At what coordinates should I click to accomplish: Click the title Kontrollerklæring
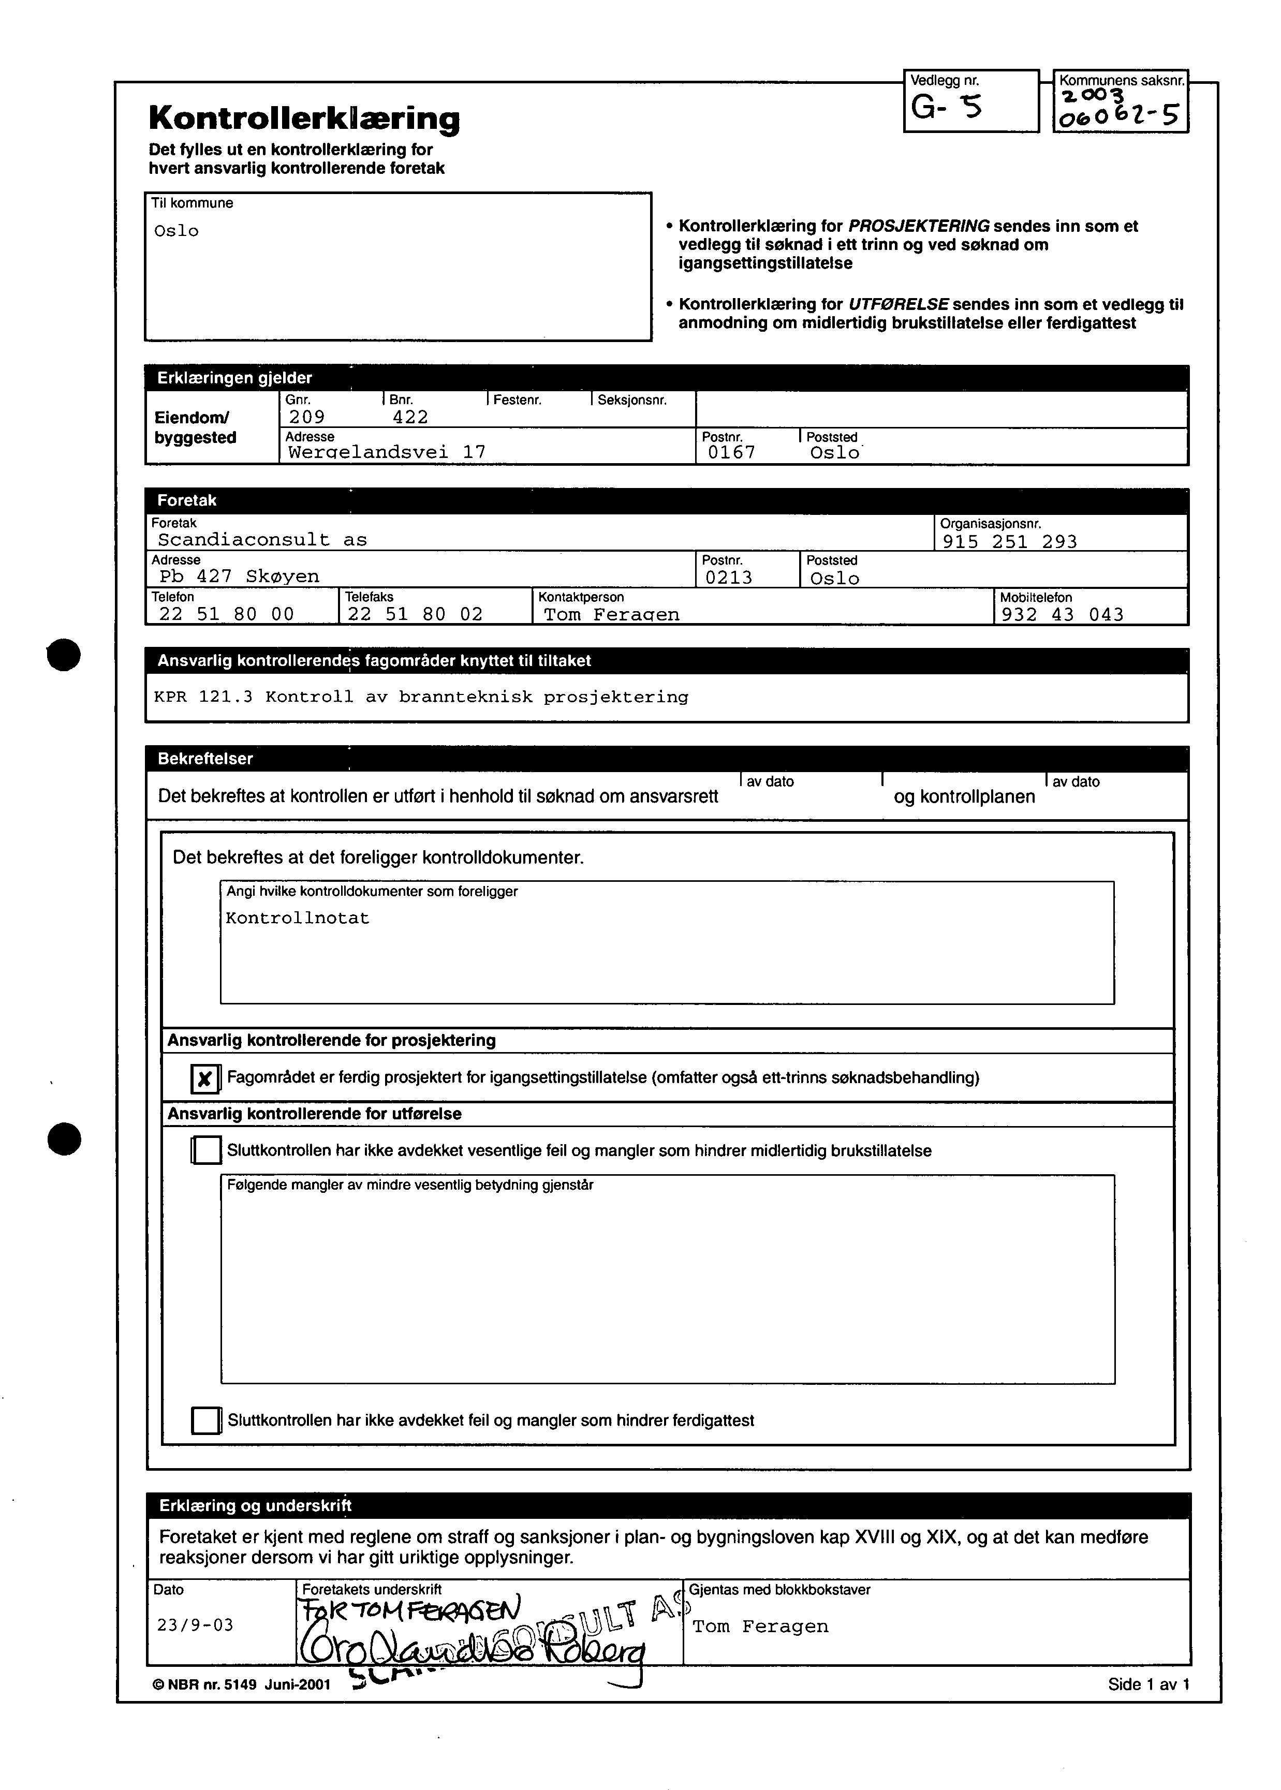click(x=304, y=119)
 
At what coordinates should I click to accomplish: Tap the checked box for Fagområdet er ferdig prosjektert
click(x=205, y=1078)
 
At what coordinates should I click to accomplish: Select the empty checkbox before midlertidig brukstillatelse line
click(x=207, y=1150)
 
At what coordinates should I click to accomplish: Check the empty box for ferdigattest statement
click(x=206, y=1420)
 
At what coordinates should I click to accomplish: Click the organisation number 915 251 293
click(x=1010, y=541)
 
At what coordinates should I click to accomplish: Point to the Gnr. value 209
click(x=307, y=417)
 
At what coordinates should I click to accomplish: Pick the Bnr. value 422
click(x=410, y=417)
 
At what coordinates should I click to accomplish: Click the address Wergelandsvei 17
click(x=387, y=452)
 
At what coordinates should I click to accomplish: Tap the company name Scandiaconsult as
click(x=262, y=539)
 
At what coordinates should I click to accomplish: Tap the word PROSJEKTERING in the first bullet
click(x=918, y=226)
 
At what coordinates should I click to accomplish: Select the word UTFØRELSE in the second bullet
click(x=897, y=304)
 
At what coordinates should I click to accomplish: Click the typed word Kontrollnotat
click(x=298, y=918)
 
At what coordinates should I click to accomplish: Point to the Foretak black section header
click(x=186, y=500)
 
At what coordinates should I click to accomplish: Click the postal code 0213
click(x=729, y=577)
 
